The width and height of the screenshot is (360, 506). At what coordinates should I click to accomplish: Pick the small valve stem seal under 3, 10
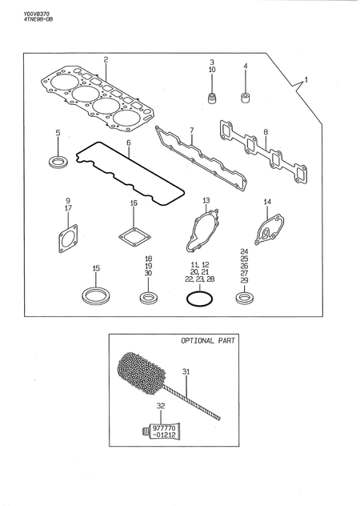(212, 100)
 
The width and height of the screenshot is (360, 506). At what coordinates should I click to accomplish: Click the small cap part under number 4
(246, 100)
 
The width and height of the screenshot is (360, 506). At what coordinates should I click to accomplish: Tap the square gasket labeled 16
(134, 237)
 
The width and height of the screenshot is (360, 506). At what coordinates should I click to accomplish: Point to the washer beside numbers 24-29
(245, 299)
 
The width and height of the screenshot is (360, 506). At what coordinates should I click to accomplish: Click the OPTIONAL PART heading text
(210, 340)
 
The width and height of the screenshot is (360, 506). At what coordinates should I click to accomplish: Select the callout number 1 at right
(305, 81)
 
